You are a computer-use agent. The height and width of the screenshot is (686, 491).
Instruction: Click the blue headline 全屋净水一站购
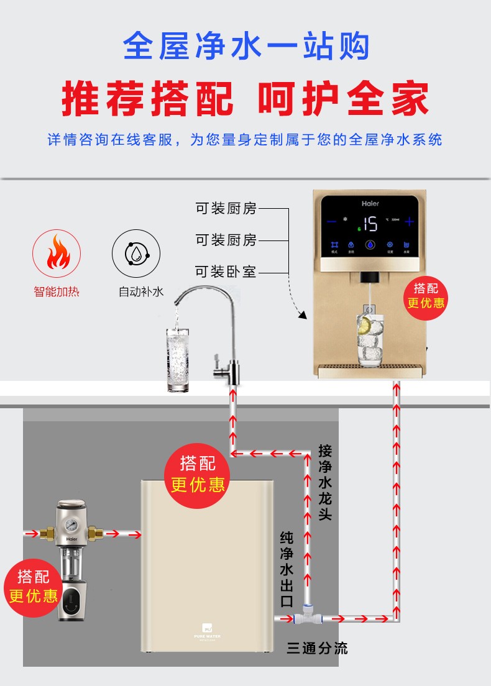pyautogui.click(x=246, y=47)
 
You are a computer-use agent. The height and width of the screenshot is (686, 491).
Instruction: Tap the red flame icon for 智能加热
pyautogui.click(x=56, y=254)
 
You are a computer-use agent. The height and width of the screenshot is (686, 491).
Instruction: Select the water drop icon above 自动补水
pyautogui.click(x=135, y=254)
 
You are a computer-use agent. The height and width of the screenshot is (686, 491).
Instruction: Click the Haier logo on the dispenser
pyautogui.click(x=370, y=203)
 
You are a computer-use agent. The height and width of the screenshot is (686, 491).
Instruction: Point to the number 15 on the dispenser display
pyautogui.click(x=370, y=223)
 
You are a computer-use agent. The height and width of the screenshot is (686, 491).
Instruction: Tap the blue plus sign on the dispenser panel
pyautogui.click(x=409, y=222)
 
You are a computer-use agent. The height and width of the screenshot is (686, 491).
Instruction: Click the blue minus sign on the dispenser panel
pyautogui.click(x=331, y=222)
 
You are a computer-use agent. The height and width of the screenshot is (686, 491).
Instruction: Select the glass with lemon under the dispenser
pyautogui.click(x=370, y=339)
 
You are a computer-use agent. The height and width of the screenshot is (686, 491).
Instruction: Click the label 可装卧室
pyautogui.click(x=226, y=272)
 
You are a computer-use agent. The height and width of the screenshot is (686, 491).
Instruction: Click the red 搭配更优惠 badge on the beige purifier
pyautogui.click(x=197, y=473)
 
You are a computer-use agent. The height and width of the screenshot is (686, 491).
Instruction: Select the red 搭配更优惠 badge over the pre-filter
pyautogui.click(x=33, y=586)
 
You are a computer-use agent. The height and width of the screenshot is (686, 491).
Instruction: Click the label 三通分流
pyautogui.click(x=317, y=649)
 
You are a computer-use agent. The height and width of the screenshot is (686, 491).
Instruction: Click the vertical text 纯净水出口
pyautogui.click(x=287, y=569)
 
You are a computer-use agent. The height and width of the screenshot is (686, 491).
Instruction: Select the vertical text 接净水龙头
pyautogui.click(x=324, y=482)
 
